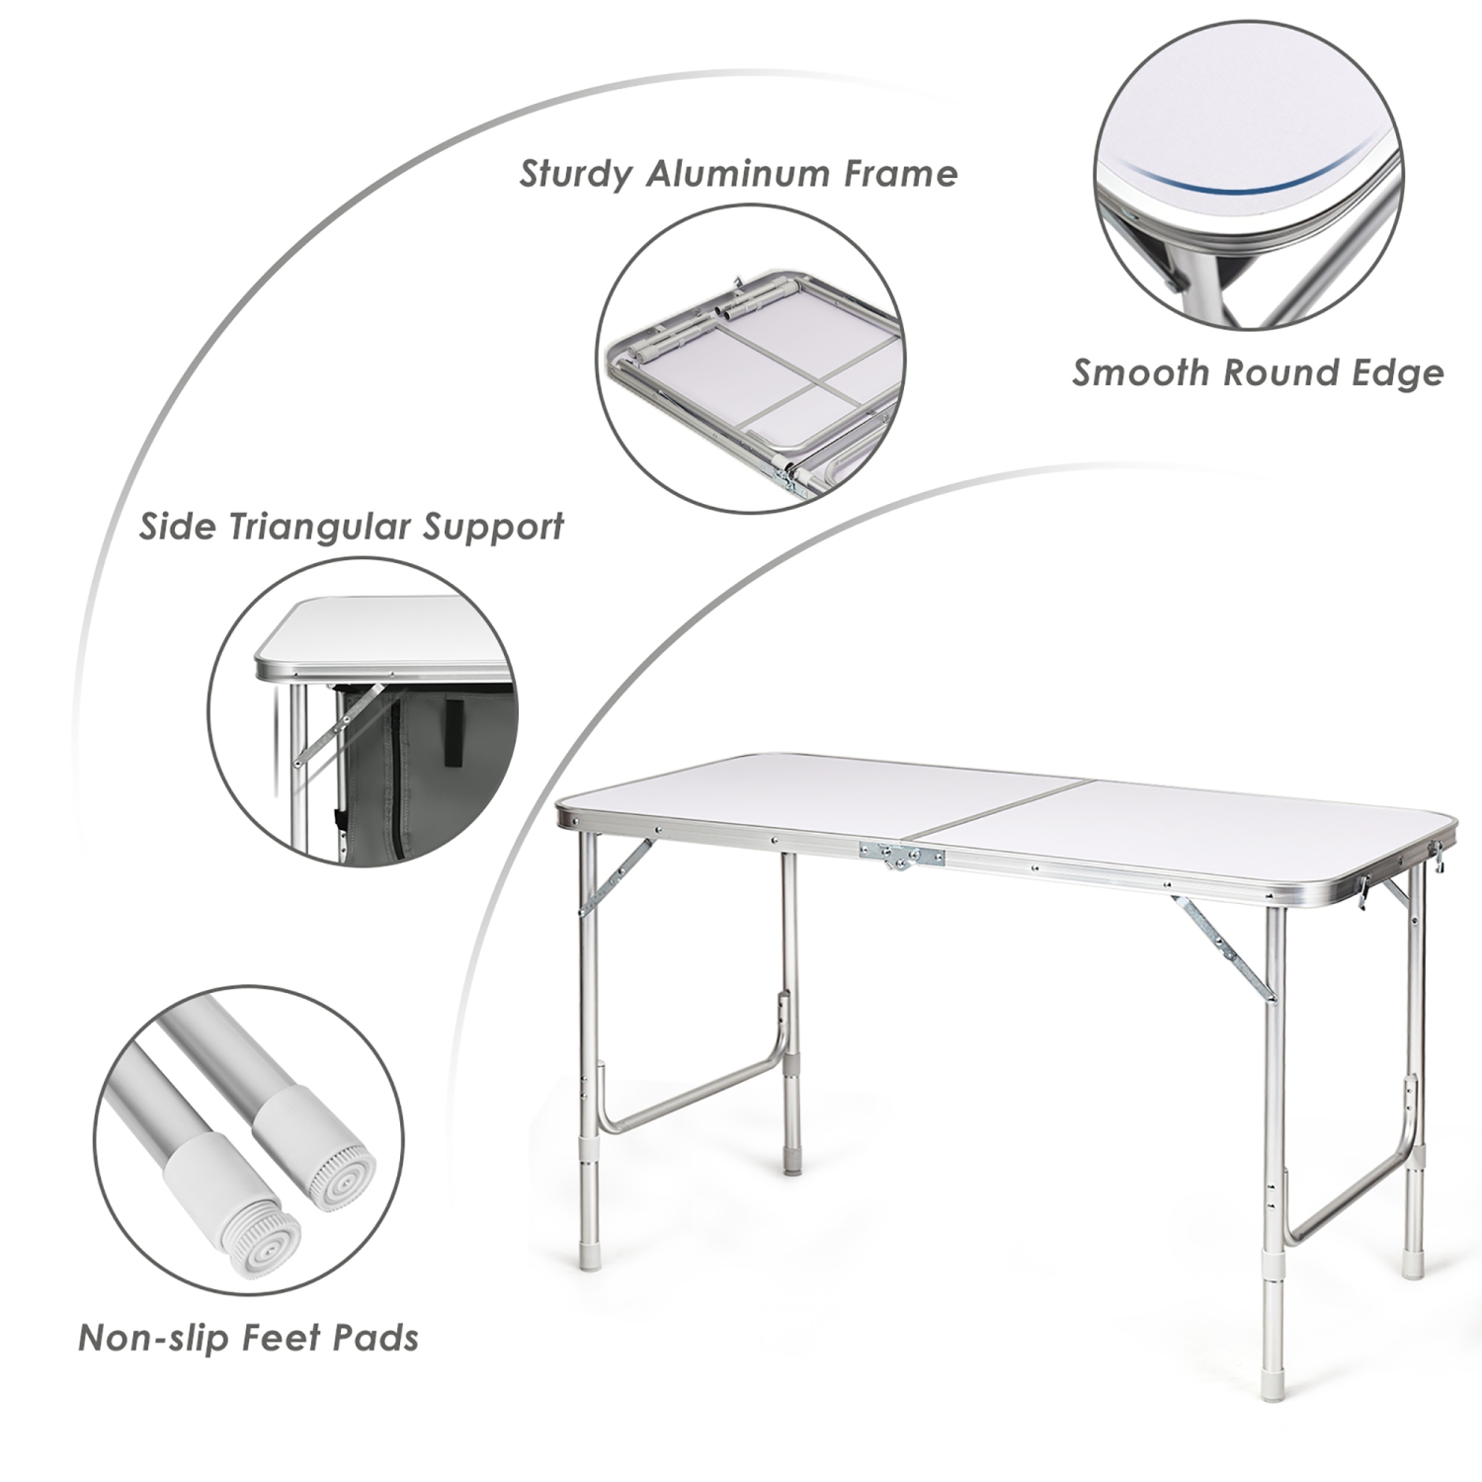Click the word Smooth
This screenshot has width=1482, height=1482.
(1140, 373)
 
